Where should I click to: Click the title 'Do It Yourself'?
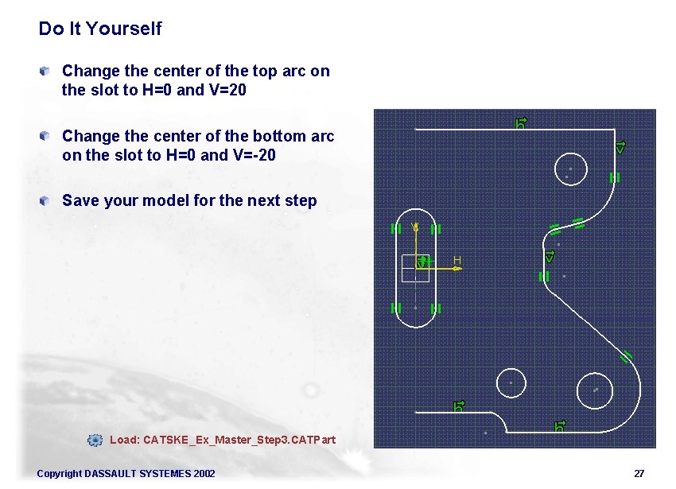pos(99,29)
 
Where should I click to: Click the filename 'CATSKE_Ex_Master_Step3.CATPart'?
pos(239,440)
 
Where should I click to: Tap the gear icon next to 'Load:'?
pos(95,440)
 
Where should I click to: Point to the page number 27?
pos(639,474)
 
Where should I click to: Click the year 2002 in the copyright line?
pos(204,474)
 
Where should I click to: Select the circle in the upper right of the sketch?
pos(569,169)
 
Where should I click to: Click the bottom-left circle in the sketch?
pos(511,382)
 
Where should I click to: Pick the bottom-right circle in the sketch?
pos(594,390)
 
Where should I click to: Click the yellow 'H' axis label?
pos(457,260)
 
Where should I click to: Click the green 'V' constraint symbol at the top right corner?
pos(621,148)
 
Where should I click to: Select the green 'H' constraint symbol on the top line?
pos(522,122)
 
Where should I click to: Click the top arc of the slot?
pos(415,212)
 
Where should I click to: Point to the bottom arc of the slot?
pos(415,326)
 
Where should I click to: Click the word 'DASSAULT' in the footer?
pos(105,474)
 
